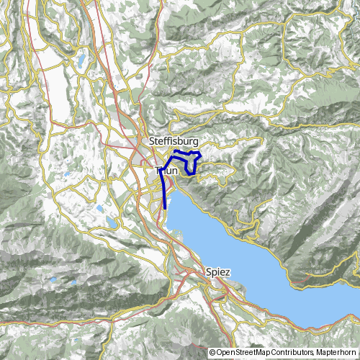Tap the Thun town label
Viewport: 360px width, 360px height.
pyautogui.click(x=166, y=171)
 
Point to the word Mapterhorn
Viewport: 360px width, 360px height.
pyautogui.click(x=336, y=352)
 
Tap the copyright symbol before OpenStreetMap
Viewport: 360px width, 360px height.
pyautogui.click(x=213, y=352)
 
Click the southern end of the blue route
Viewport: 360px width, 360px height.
pyautogui.click(x=166, y=208)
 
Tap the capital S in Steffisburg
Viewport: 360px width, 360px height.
pyautogui.click(x=153, y=141)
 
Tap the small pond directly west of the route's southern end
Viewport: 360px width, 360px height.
pyautogui.click(x=99, y=210)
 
